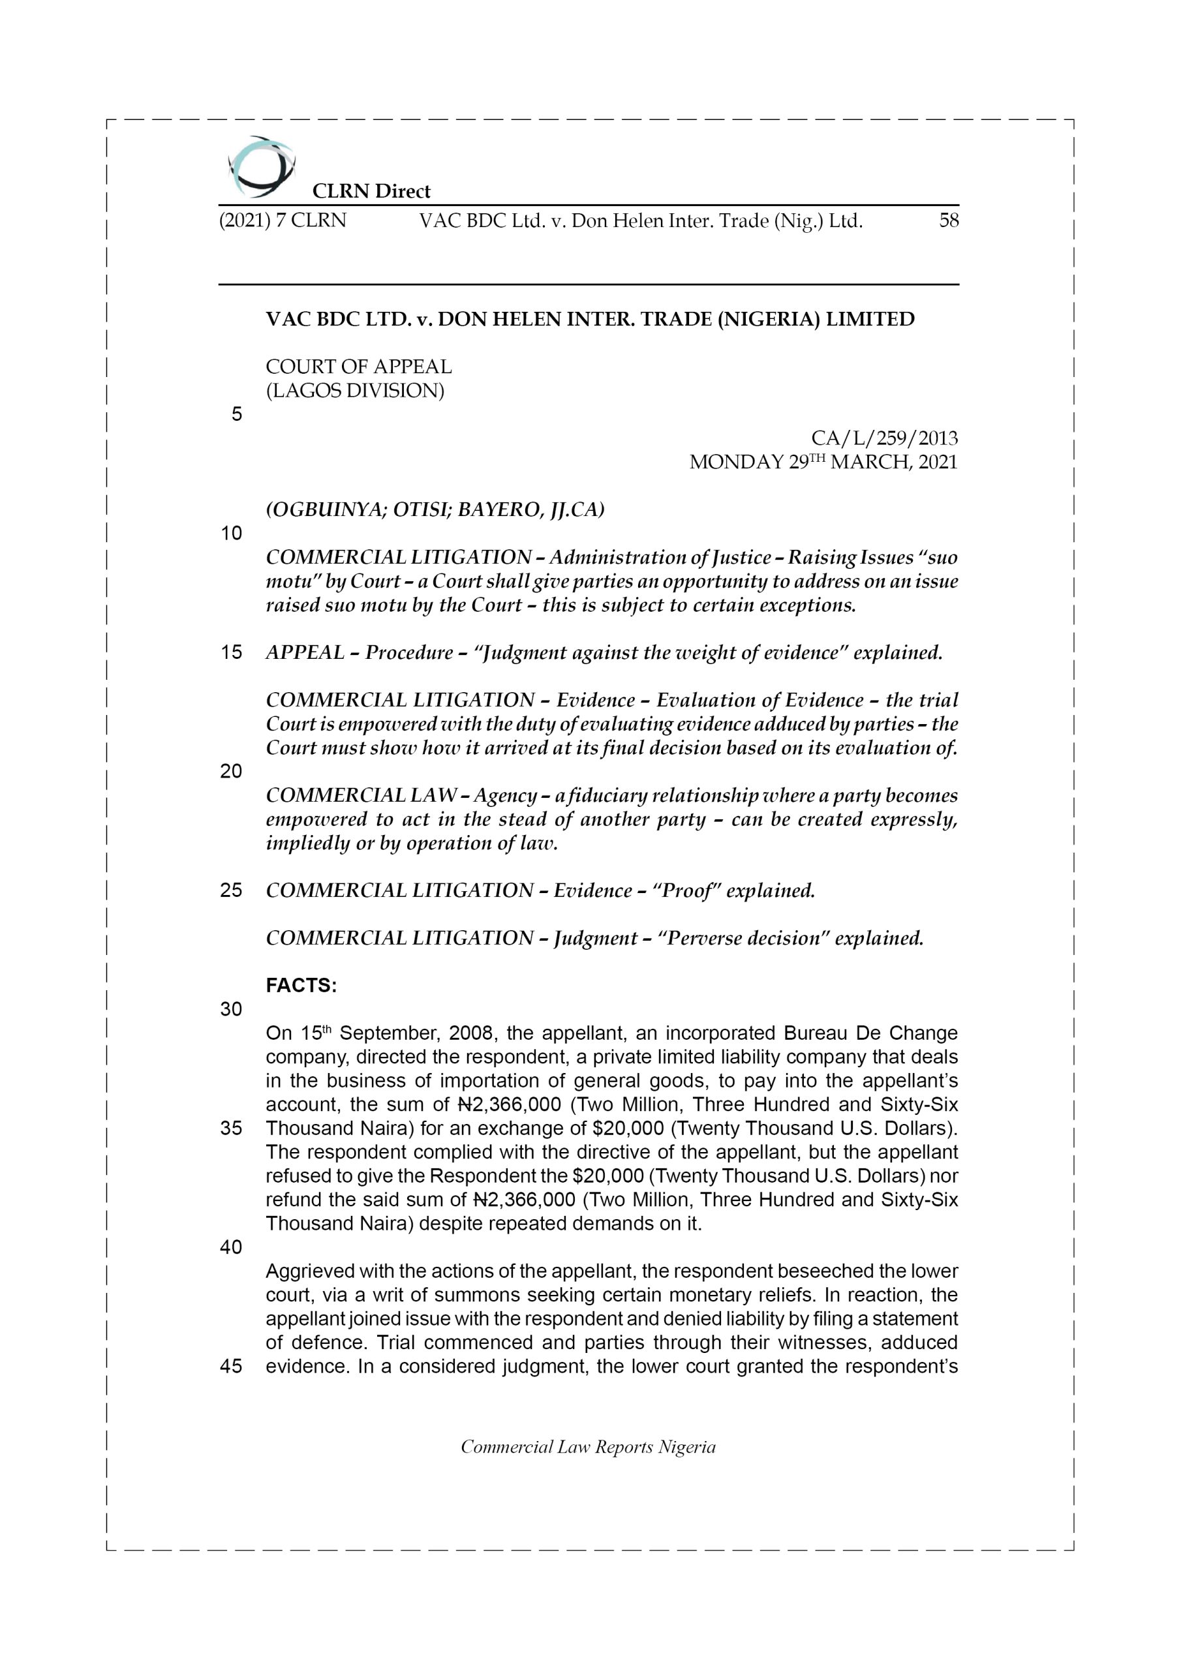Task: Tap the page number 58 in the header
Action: coord(948,220)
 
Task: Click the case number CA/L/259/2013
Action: coord(884,438)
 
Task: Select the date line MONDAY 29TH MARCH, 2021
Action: coord(823,462)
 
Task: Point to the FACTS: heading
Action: coord(301,986)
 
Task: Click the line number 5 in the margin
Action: coord(236,415)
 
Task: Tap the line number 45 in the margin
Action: coord(232,1366)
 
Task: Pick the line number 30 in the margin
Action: coord(232,1010)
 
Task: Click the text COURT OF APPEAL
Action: coord(359,367)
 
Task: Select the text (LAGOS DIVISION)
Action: coord(355,391)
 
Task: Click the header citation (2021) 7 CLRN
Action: coord(283,220)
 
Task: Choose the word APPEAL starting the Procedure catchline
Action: coord(305,652)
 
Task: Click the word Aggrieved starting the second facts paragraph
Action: coord(309,1271)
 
